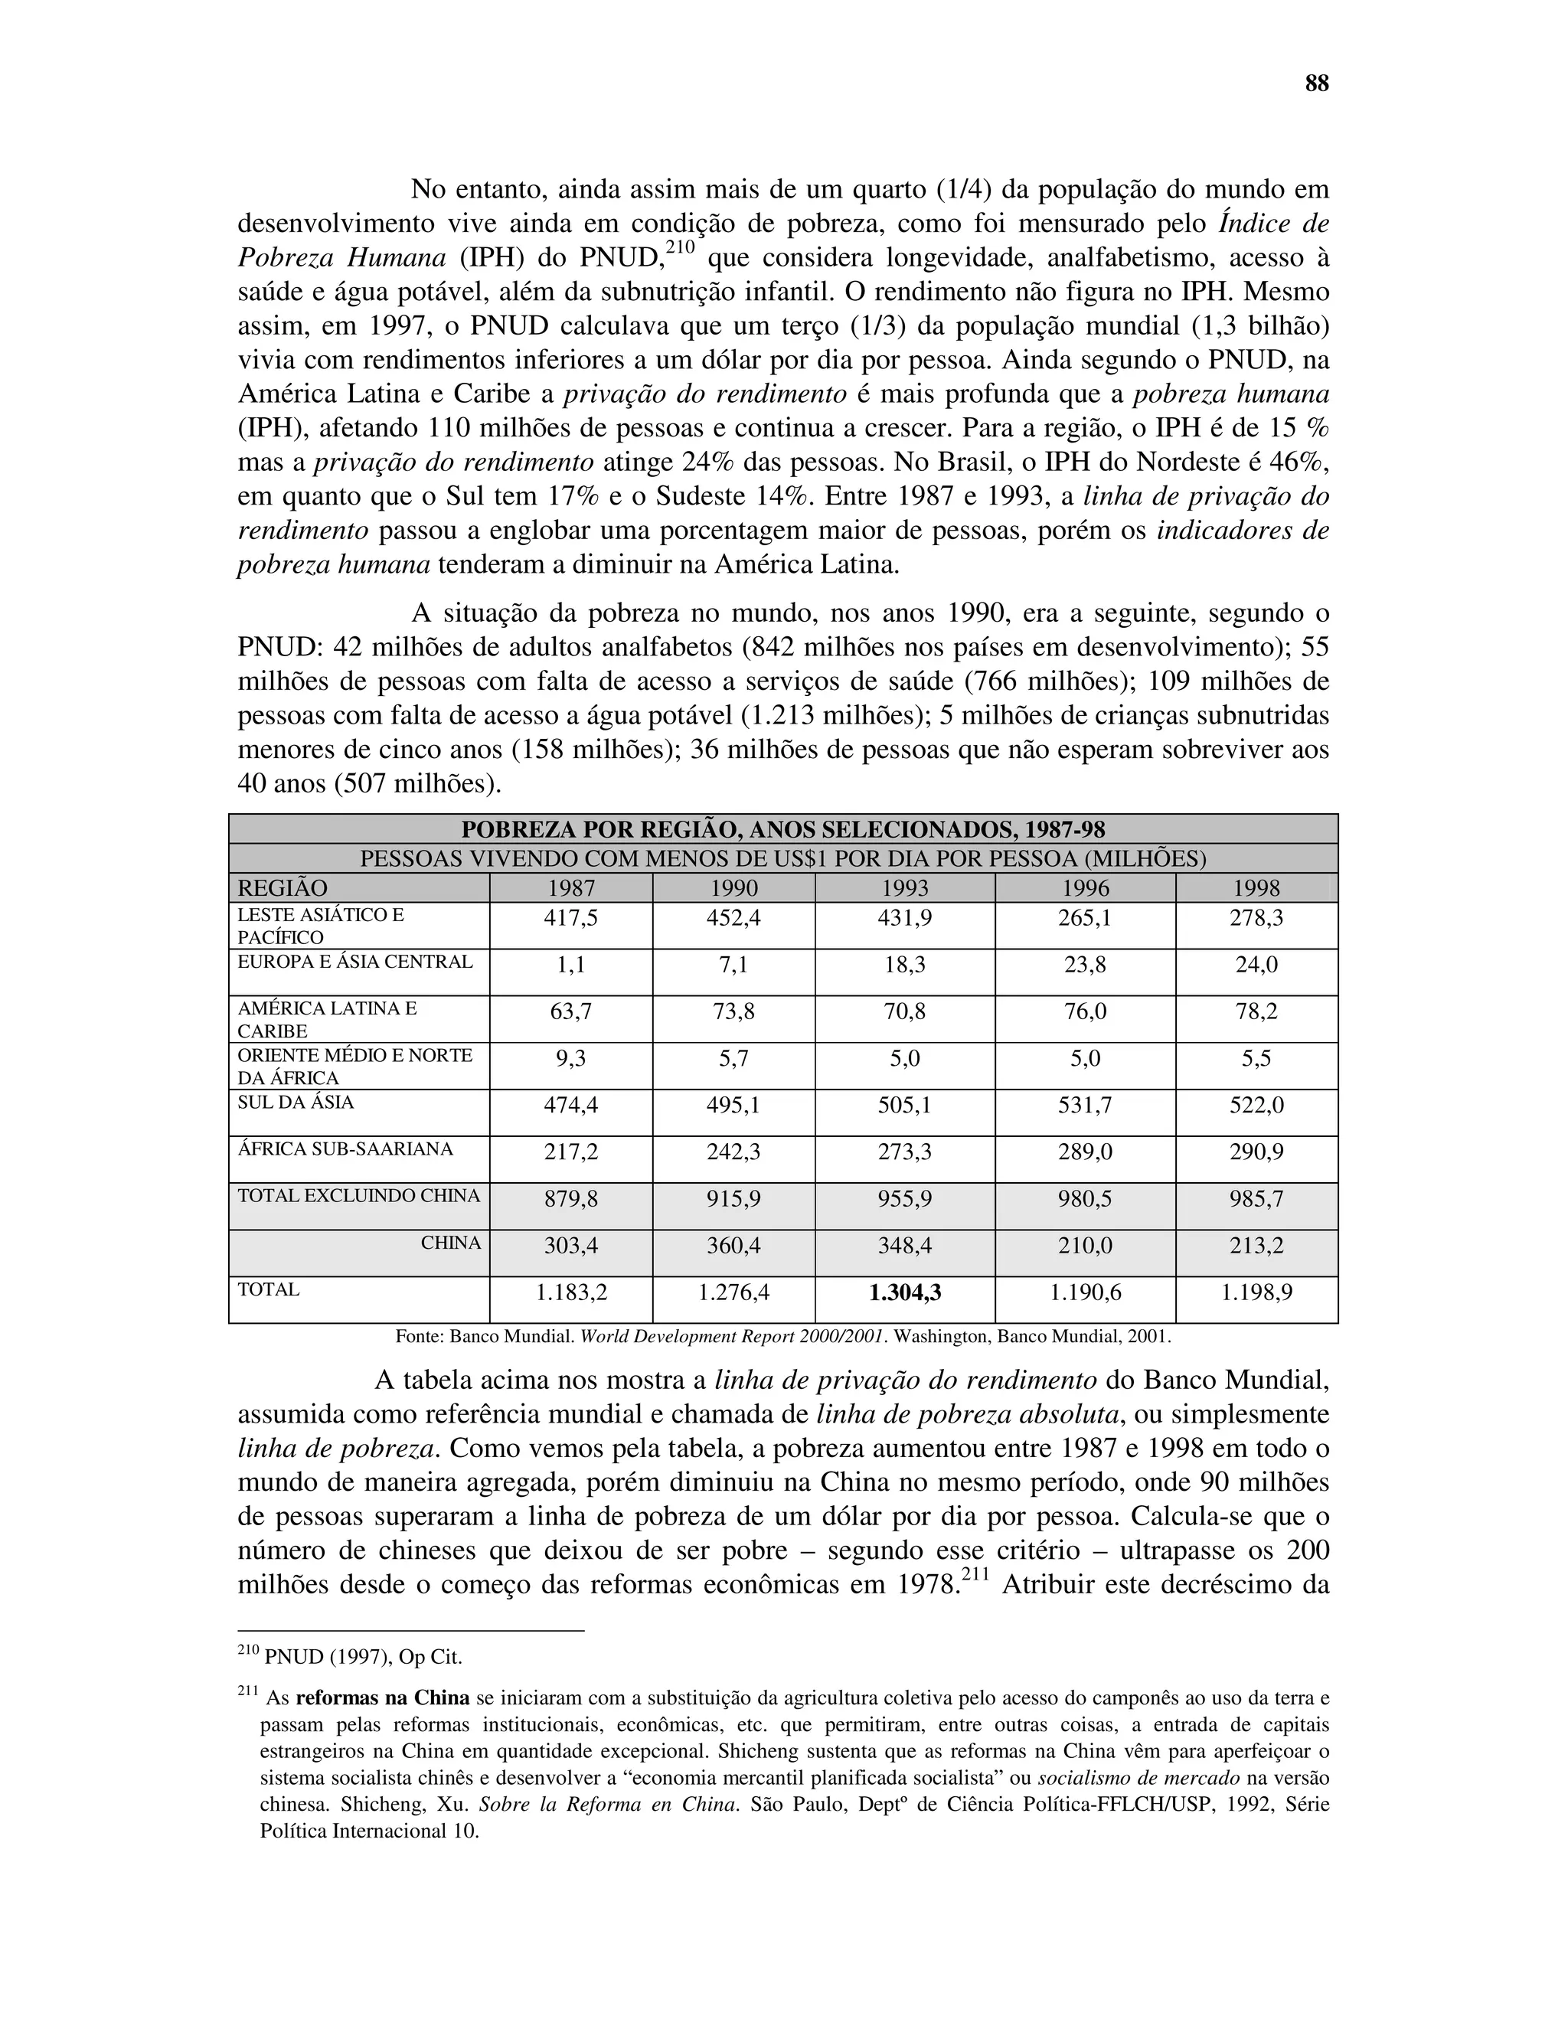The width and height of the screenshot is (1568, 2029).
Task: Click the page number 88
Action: tap(1316, 84)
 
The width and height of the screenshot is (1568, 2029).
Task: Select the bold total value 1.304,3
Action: tap(904, 1292)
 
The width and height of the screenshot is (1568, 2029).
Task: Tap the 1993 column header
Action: tap(904, 888)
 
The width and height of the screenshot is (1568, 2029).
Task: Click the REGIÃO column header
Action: tap(283, 888)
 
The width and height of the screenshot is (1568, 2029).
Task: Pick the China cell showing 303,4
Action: tap(570, 1246)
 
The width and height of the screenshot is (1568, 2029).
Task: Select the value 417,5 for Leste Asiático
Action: tap(570, 919)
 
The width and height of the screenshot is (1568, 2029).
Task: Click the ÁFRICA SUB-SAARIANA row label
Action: tap(345, 1149)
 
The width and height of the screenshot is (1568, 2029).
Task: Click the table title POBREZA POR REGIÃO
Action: tap(782, 830)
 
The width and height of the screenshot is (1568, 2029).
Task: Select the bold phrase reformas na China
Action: tap(382, 1698)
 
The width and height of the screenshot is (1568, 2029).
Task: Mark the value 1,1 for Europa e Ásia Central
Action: tap(570, 965)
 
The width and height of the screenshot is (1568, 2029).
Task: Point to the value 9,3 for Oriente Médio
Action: tap(570, 1058)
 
